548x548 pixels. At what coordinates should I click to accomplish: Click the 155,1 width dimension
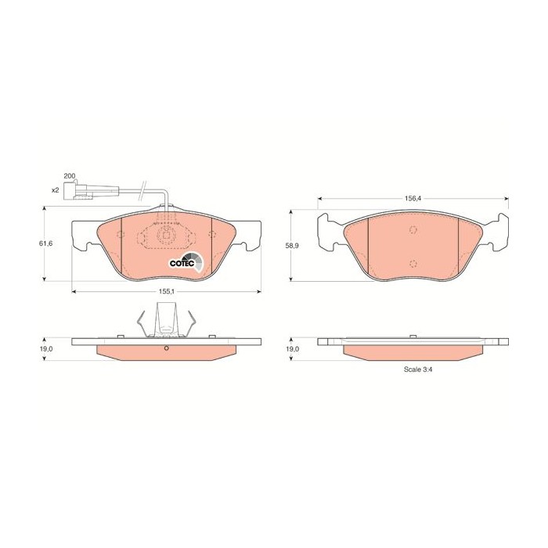[x=166, y=290]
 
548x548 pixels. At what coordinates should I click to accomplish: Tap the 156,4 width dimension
[x=413, y=198]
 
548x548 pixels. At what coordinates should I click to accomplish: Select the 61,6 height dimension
[x=45, y=243]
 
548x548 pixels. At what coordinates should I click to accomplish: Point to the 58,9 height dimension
[x=292, y=246]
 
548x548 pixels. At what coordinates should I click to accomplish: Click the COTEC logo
[x=186, y=261]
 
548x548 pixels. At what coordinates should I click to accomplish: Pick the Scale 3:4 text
[x=418, y=369]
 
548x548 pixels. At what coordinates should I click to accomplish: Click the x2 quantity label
[x=55, y=190]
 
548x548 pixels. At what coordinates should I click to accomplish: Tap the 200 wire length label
[x=69, y=176]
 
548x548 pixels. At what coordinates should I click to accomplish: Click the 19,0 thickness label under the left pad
[x=45, y=349]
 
